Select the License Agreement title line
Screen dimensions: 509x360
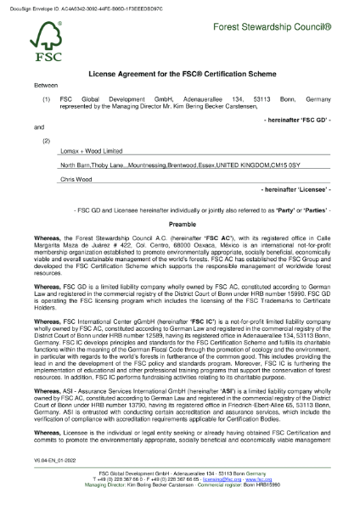(180, 75)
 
